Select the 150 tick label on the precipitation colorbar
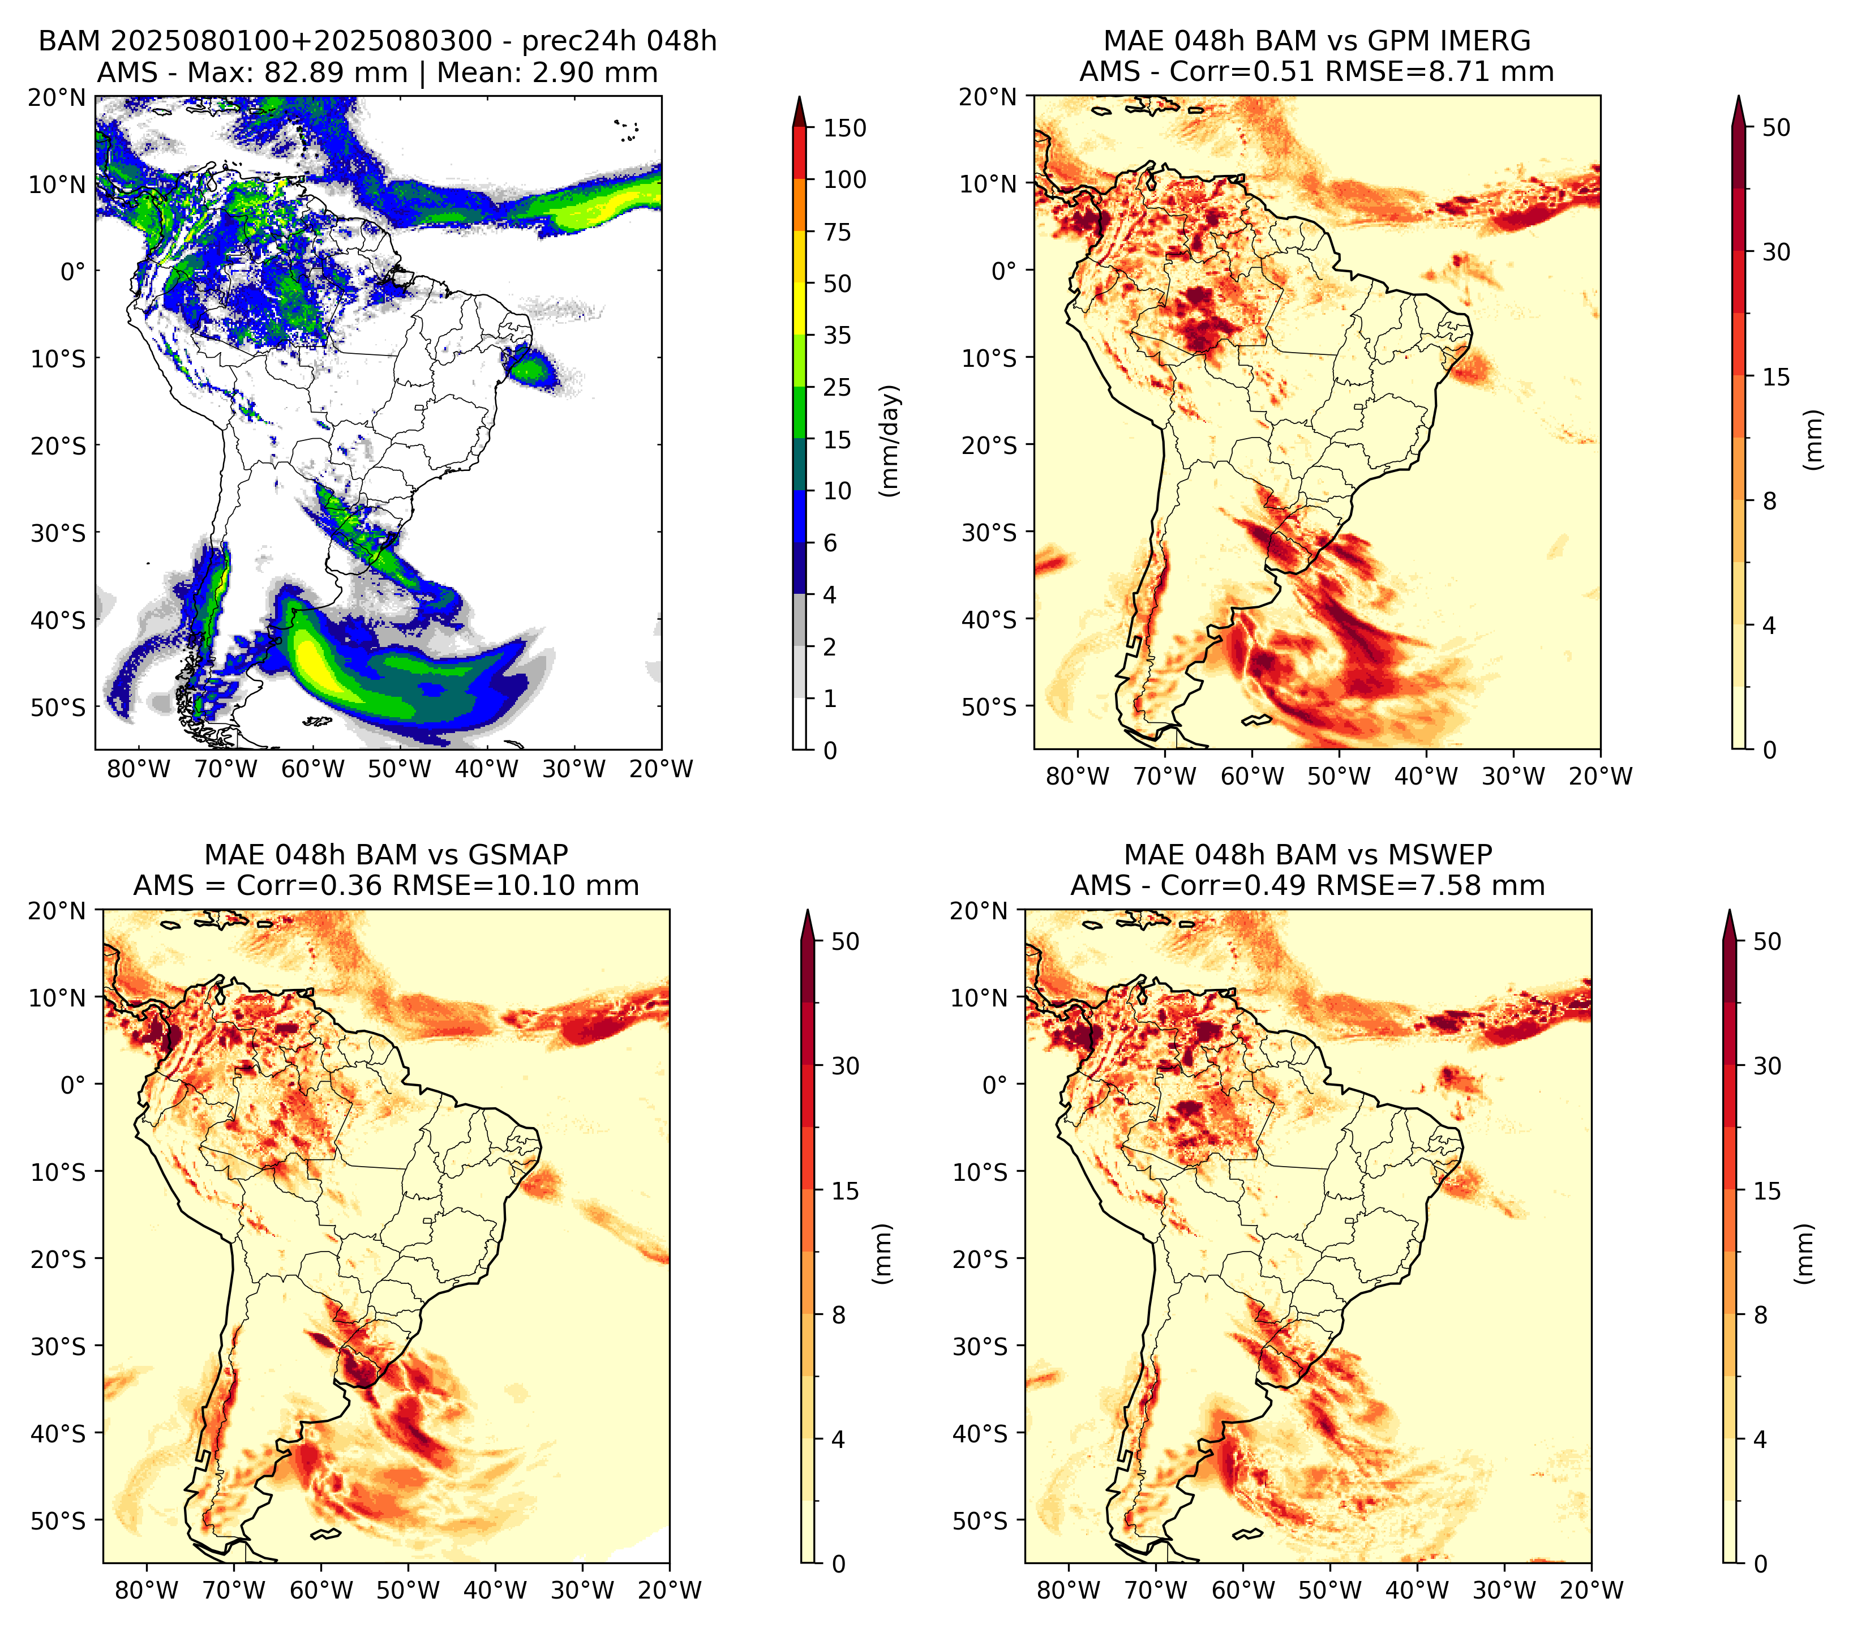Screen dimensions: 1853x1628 click(x=845, y=128)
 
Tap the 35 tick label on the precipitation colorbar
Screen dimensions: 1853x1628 click(x=838, y=335)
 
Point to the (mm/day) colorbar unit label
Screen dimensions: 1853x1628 click(x=891, y=440)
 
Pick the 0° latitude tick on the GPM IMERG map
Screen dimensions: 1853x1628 click(x=1003, y=270)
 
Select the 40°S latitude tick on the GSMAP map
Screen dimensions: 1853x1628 click(x=58, y=1434)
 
